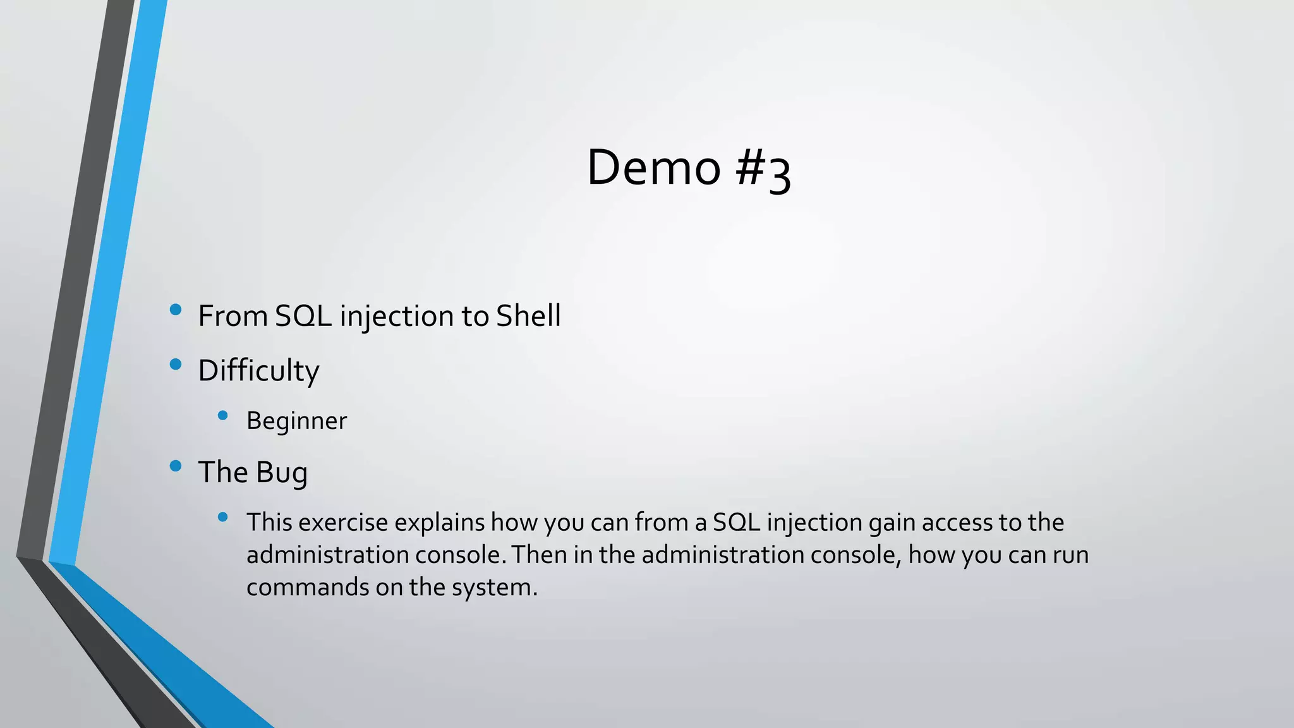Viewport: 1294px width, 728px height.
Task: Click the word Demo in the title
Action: point(653,167)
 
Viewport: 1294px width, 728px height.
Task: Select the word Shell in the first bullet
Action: point(528,316)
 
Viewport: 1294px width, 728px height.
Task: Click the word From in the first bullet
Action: point(233,316)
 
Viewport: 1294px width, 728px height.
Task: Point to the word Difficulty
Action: point(258,371)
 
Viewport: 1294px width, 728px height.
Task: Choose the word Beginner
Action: point(296,421)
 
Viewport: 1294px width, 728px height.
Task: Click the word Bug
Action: point(282,473)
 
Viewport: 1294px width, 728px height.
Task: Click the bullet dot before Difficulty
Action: point(176,364)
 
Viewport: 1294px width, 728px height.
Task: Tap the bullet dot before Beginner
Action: point(222,415)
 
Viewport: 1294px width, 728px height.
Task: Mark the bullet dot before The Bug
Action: point(176,466)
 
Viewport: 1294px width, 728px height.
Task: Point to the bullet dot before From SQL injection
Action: point(176,310)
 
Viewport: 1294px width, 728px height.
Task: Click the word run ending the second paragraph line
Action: point(1070,555)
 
